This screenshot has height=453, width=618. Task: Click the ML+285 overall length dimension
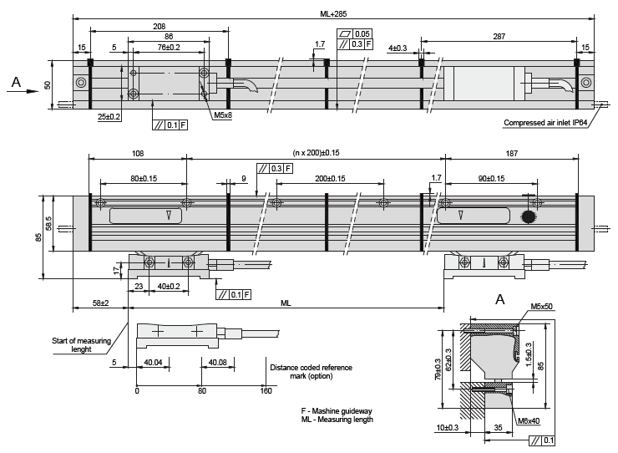pyautogui.click(x=333, y=14)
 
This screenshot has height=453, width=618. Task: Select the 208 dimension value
pyautogui.click(x=160, y=27)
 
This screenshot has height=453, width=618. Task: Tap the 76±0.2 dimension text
pyautogui.click(x=169, y=48)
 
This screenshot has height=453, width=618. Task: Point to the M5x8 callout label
pyautogui.click(x=223, y=115)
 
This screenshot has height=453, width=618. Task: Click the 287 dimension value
pyautogui.click(x=499, y=36)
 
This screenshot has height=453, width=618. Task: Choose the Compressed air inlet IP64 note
pyautogui.click(x=545, y=123)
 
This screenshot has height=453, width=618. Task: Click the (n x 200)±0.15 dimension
pyautogui.click(x=316, y=153)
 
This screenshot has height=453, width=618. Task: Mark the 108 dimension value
pyautogui.click(x=138, y=153)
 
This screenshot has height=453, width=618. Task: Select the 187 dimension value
pyautogui.click(x=512, y=153)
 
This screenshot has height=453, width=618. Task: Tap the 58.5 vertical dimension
pyautogui.click(x=48, y=223)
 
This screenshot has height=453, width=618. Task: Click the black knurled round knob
pyautogui.click(x=528, y=216)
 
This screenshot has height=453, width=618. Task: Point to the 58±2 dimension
pyautogui.click(x=100, y=303)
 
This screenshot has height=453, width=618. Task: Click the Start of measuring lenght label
pyautogui.click(x=81, y=345)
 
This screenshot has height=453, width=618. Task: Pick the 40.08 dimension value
pyautogui.click(x=218, y=362)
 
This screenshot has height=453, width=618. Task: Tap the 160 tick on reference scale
pyautogui.click(x=266, y=390)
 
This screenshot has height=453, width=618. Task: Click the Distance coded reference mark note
pyautogui.click(x=311, y=372)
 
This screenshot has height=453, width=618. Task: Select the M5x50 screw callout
pyautogui.click(x=541, y=307)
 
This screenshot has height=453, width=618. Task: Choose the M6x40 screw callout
pyautogui.click(x=529, y=421)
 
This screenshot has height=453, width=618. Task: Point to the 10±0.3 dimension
pyautogui.click(x=448, y=428)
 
